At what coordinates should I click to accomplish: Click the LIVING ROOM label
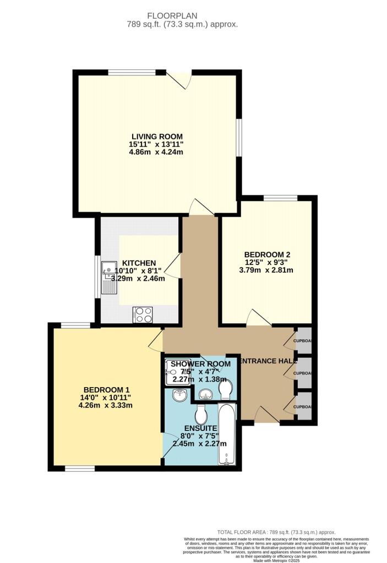coord(156,136)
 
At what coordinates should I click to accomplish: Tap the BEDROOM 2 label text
coord(267,255)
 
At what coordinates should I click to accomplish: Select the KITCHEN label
coord(139,263)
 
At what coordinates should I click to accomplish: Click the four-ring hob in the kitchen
coord(143,315)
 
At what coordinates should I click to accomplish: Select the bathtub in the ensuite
coord(227,435)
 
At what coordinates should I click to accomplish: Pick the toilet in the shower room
coord(225,390)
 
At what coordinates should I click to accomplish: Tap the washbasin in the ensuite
coord(178,395)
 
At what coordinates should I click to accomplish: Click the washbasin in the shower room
coord(205,394)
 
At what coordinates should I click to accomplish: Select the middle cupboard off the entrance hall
coord(304,373)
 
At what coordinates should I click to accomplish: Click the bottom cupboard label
coord(304,406)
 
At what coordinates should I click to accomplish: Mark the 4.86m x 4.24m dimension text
coord(156,153)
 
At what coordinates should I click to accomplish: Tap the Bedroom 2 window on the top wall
coord(280,197)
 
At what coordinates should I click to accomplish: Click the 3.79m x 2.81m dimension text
coord(267,270)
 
